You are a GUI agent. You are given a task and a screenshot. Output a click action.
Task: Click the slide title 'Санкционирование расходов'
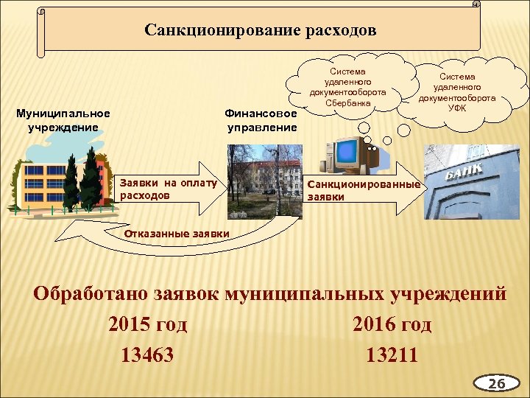pos(261,31)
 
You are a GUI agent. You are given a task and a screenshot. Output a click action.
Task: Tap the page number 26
pos(497,384)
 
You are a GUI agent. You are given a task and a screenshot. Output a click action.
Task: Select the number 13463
pos(147,355)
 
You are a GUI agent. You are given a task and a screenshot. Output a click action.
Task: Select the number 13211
pos(392,355)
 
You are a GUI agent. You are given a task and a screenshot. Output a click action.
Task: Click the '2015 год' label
pos(147,324)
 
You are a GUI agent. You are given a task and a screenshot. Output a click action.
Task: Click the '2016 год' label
pos(392,324)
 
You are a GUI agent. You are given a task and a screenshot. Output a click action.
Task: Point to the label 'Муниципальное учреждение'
pos(63,120)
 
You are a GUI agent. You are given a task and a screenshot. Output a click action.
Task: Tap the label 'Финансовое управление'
pos(261,120)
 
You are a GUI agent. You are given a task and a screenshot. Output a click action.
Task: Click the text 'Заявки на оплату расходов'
pos(168,189)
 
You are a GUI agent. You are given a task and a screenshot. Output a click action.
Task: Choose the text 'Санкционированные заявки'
pos(363,190)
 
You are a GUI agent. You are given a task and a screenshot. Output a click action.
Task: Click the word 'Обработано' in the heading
pos(92,295)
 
